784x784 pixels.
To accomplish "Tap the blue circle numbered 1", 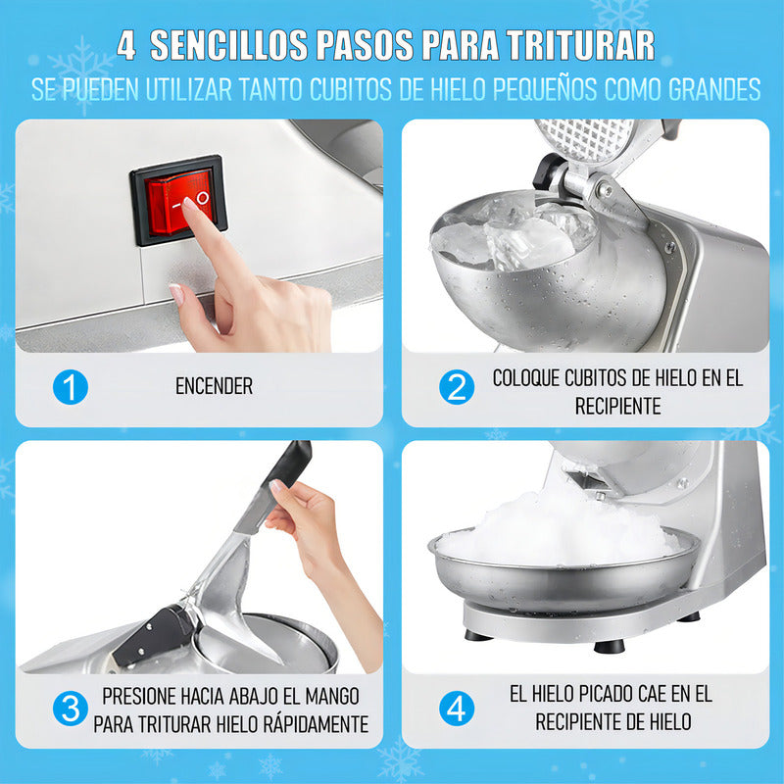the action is click(x=71, y=387).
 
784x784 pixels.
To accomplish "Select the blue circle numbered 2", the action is click(x=457, y=387).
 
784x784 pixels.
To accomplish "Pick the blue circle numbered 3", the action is click(x=71, y=709).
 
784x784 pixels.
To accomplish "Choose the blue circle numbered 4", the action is click(x=457, y=709).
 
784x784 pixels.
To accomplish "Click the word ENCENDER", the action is click(x=214, y=386).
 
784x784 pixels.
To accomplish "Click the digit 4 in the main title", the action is click(x=126, y=45).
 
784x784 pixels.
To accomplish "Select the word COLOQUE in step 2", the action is click(x=525, y=378).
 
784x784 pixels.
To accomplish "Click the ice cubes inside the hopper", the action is click(x=515, y=235).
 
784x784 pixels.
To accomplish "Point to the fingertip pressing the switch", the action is click(x=189, y=204).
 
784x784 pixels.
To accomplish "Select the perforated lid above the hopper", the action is click(x=584, y=141).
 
